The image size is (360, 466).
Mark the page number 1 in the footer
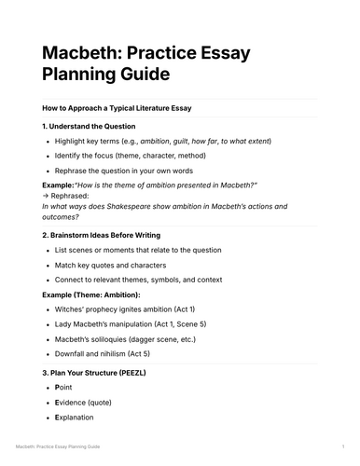tap(343, 448)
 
